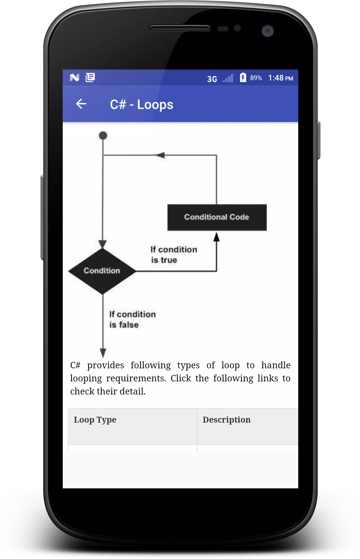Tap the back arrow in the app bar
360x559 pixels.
point(81,104)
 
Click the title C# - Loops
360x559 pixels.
point(142,105)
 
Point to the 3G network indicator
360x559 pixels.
point(212,79)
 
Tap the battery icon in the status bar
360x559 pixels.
point(243,77)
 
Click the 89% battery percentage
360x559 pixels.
point(256,78)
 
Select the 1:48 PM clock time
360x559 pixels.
point(281,78)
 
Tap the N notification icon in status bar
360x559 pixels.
point(74,78)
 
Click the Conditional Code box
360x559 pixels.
point(217,218)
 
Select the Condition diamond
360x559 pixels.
point(102,271)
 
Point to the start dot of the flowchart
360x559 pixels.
point(103,135)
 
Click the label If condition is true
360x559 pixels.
point(174,254)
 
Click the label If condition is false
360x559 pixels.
point(132,320)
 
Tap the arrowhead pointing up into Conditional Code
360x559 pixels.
point(216,237)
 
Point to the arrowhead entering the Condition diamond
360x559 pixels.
point(103,244)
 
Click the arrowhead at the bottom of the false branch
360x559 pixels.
point(103,353)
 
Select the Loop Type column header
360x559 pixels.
point(95,420)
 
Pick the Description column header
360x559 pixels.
point(227,420)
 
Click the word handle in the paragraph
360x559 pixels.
point(276,365)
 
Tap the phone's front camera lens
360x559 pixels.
point(268,31)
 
